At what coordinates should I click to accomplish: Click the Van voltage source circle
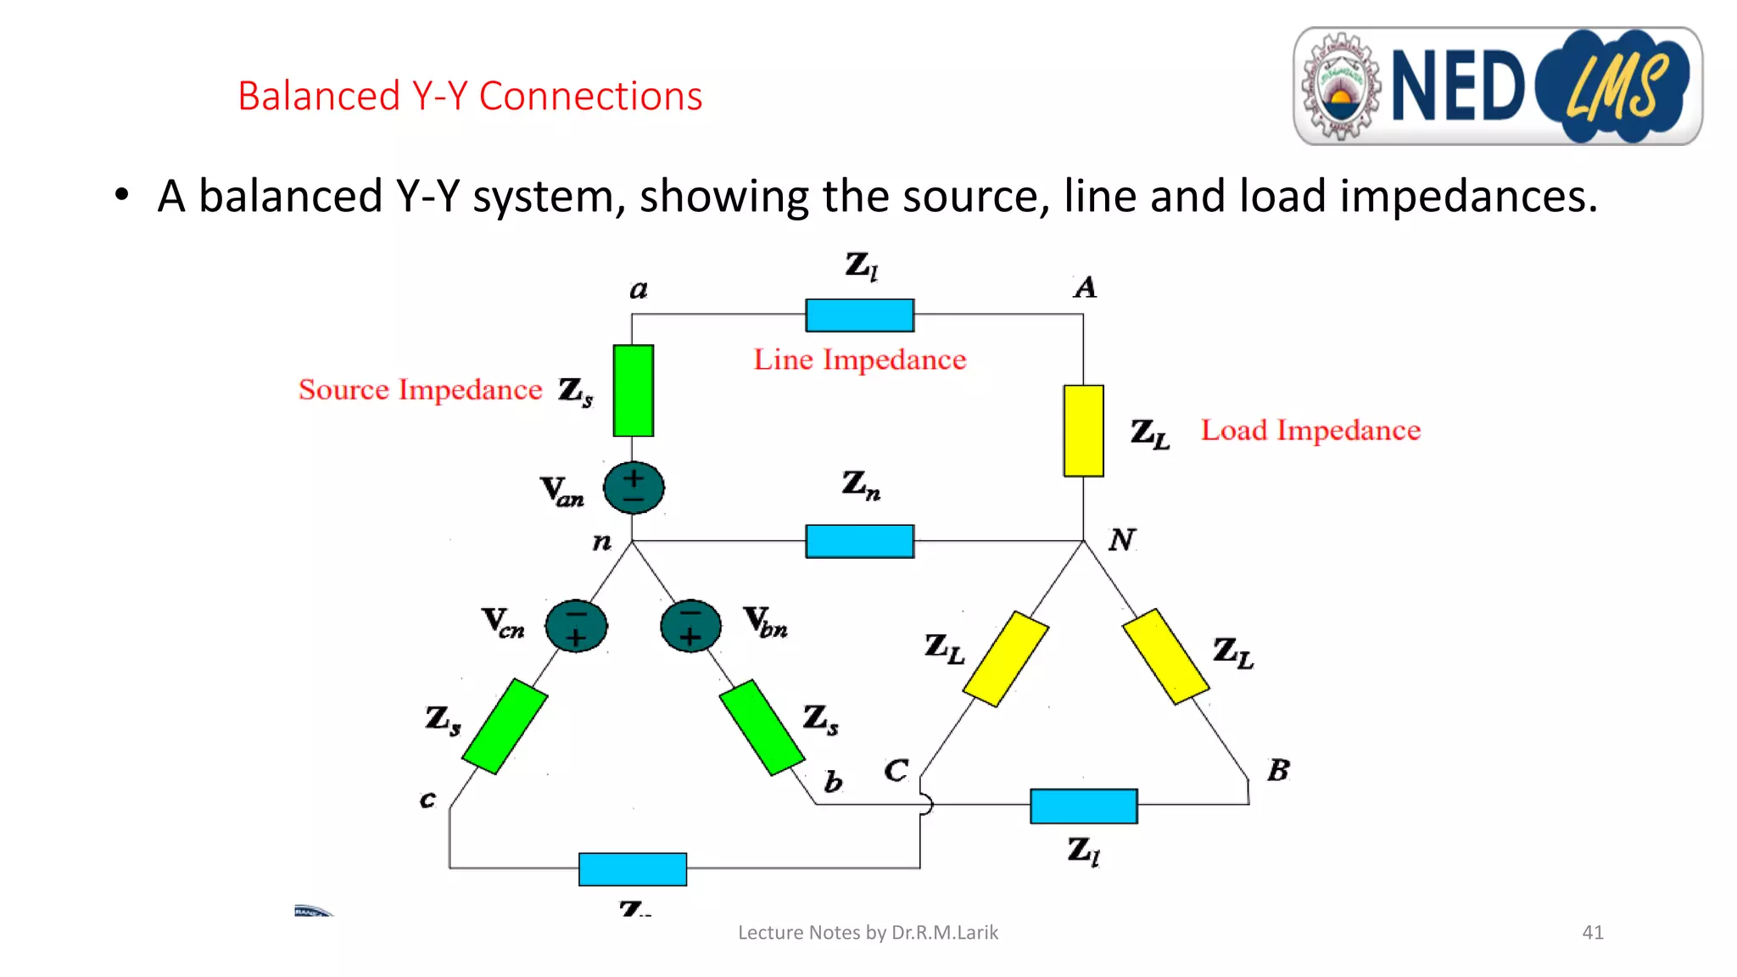[634, 488]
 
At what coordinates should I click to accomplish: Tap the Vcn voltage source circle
[576, 626]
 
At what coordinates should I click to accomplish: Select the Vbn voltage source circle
[690, 626]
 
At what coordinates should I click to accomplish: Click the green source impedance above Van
[634, 390]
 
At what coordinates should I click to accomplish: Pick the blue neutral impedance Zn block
[859, 541]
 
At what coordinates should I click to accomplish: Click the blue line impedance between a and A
[859, 315]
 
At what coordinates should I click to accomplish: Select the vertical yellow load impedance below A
[1083, 431]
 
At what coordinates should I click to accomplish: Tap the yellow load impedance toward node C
[1006, 659]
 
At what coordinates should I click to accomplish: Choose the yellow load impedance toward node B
[1165, 656]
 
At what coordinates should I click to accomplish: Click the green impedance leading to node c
[505, 726]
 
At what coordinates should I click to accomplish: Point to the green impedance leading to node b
[762, 728]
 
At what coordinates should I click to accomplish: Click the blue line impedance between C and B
[1083, 806]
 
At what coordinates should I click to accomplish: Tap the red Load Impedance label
[1310, 430]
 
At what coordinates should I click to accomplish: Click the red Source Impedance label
[420, 389]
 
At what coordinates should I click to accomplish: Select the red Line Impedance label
[859, 360]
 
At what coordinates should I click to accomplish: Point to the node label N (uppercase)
[1121, 539]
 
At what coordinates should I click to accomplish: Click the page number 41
[1592, 932]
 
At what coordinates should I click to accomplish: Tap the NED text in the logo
[1458, 86]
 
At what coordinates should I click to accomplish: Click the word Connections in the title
[590, 96]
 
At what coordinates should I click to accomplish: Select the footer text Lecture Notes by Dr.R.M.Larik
[868, 932]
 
